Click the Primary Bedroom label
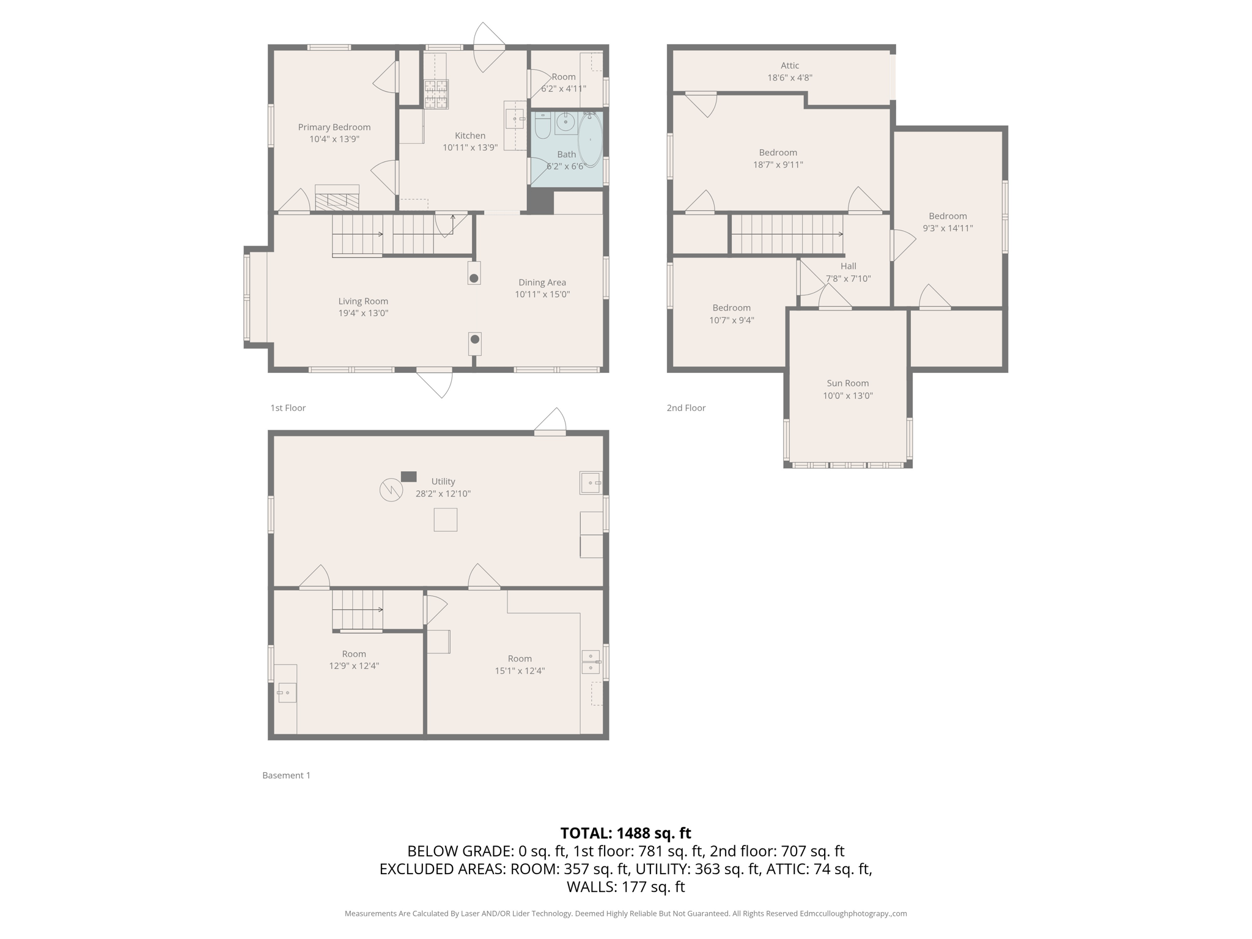click(334, 127)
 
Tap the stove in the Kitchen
click(436, 94)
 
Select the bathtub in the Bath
click(590, 139)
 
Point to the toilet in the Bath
click(542, 125)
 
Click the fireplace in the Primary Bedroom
click(337, 199)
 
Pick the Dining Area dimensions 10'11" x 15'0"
click(542, 294)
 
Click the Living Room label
click(363, 301)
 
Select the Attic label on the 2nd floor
click(789, 65)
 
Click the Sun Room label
click(847, 383)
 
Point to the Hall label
click(848, 266)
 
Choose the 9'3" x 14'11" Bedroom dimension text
click(948, 228)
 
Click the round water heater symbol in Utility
click(391, 490)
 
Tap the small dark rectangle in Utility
click(408, 477)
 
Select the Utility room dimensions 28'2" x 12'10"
click(443, 493)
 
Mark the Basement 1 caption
click(286, 775)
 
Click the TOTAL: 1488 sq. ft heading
click(625, 833)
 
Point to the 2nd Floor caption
click(686, 408)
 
